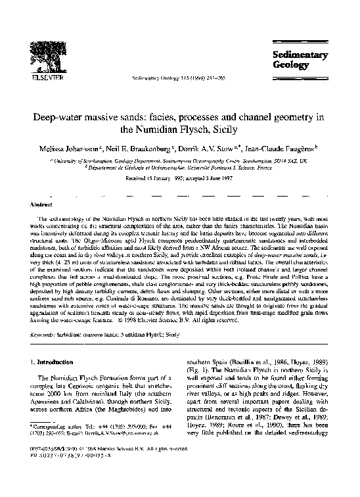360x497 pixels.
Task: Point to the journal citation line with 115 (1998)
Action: [173, 77]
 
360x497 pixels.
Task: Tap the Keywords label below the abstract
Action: [45, 334]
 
